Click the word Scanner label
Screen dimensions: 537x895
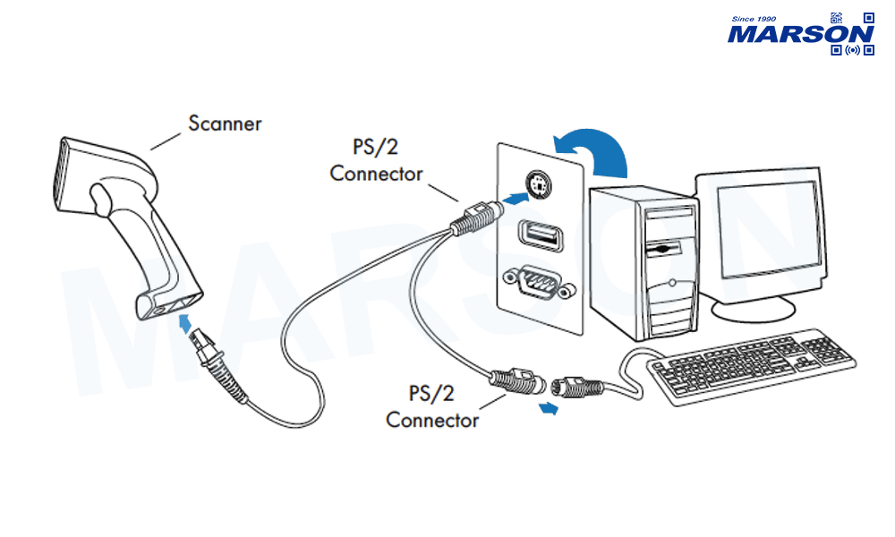click(225, 123)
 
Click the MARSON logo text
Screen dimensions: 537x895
click(800, 34)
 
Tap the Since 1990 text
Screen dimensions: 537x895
click(754, 17)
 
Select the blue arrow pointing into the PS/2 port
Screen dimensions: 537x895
click(510, 197)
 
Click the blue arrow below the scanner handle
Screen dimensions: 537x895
click(185, 323)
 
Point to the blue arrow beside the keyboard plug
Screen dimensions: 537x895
click(549, 409)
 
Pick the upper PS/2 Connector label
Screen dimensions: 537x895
click(376, 159)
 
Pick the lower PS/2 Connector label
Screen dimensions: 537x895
click(432, 405)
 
